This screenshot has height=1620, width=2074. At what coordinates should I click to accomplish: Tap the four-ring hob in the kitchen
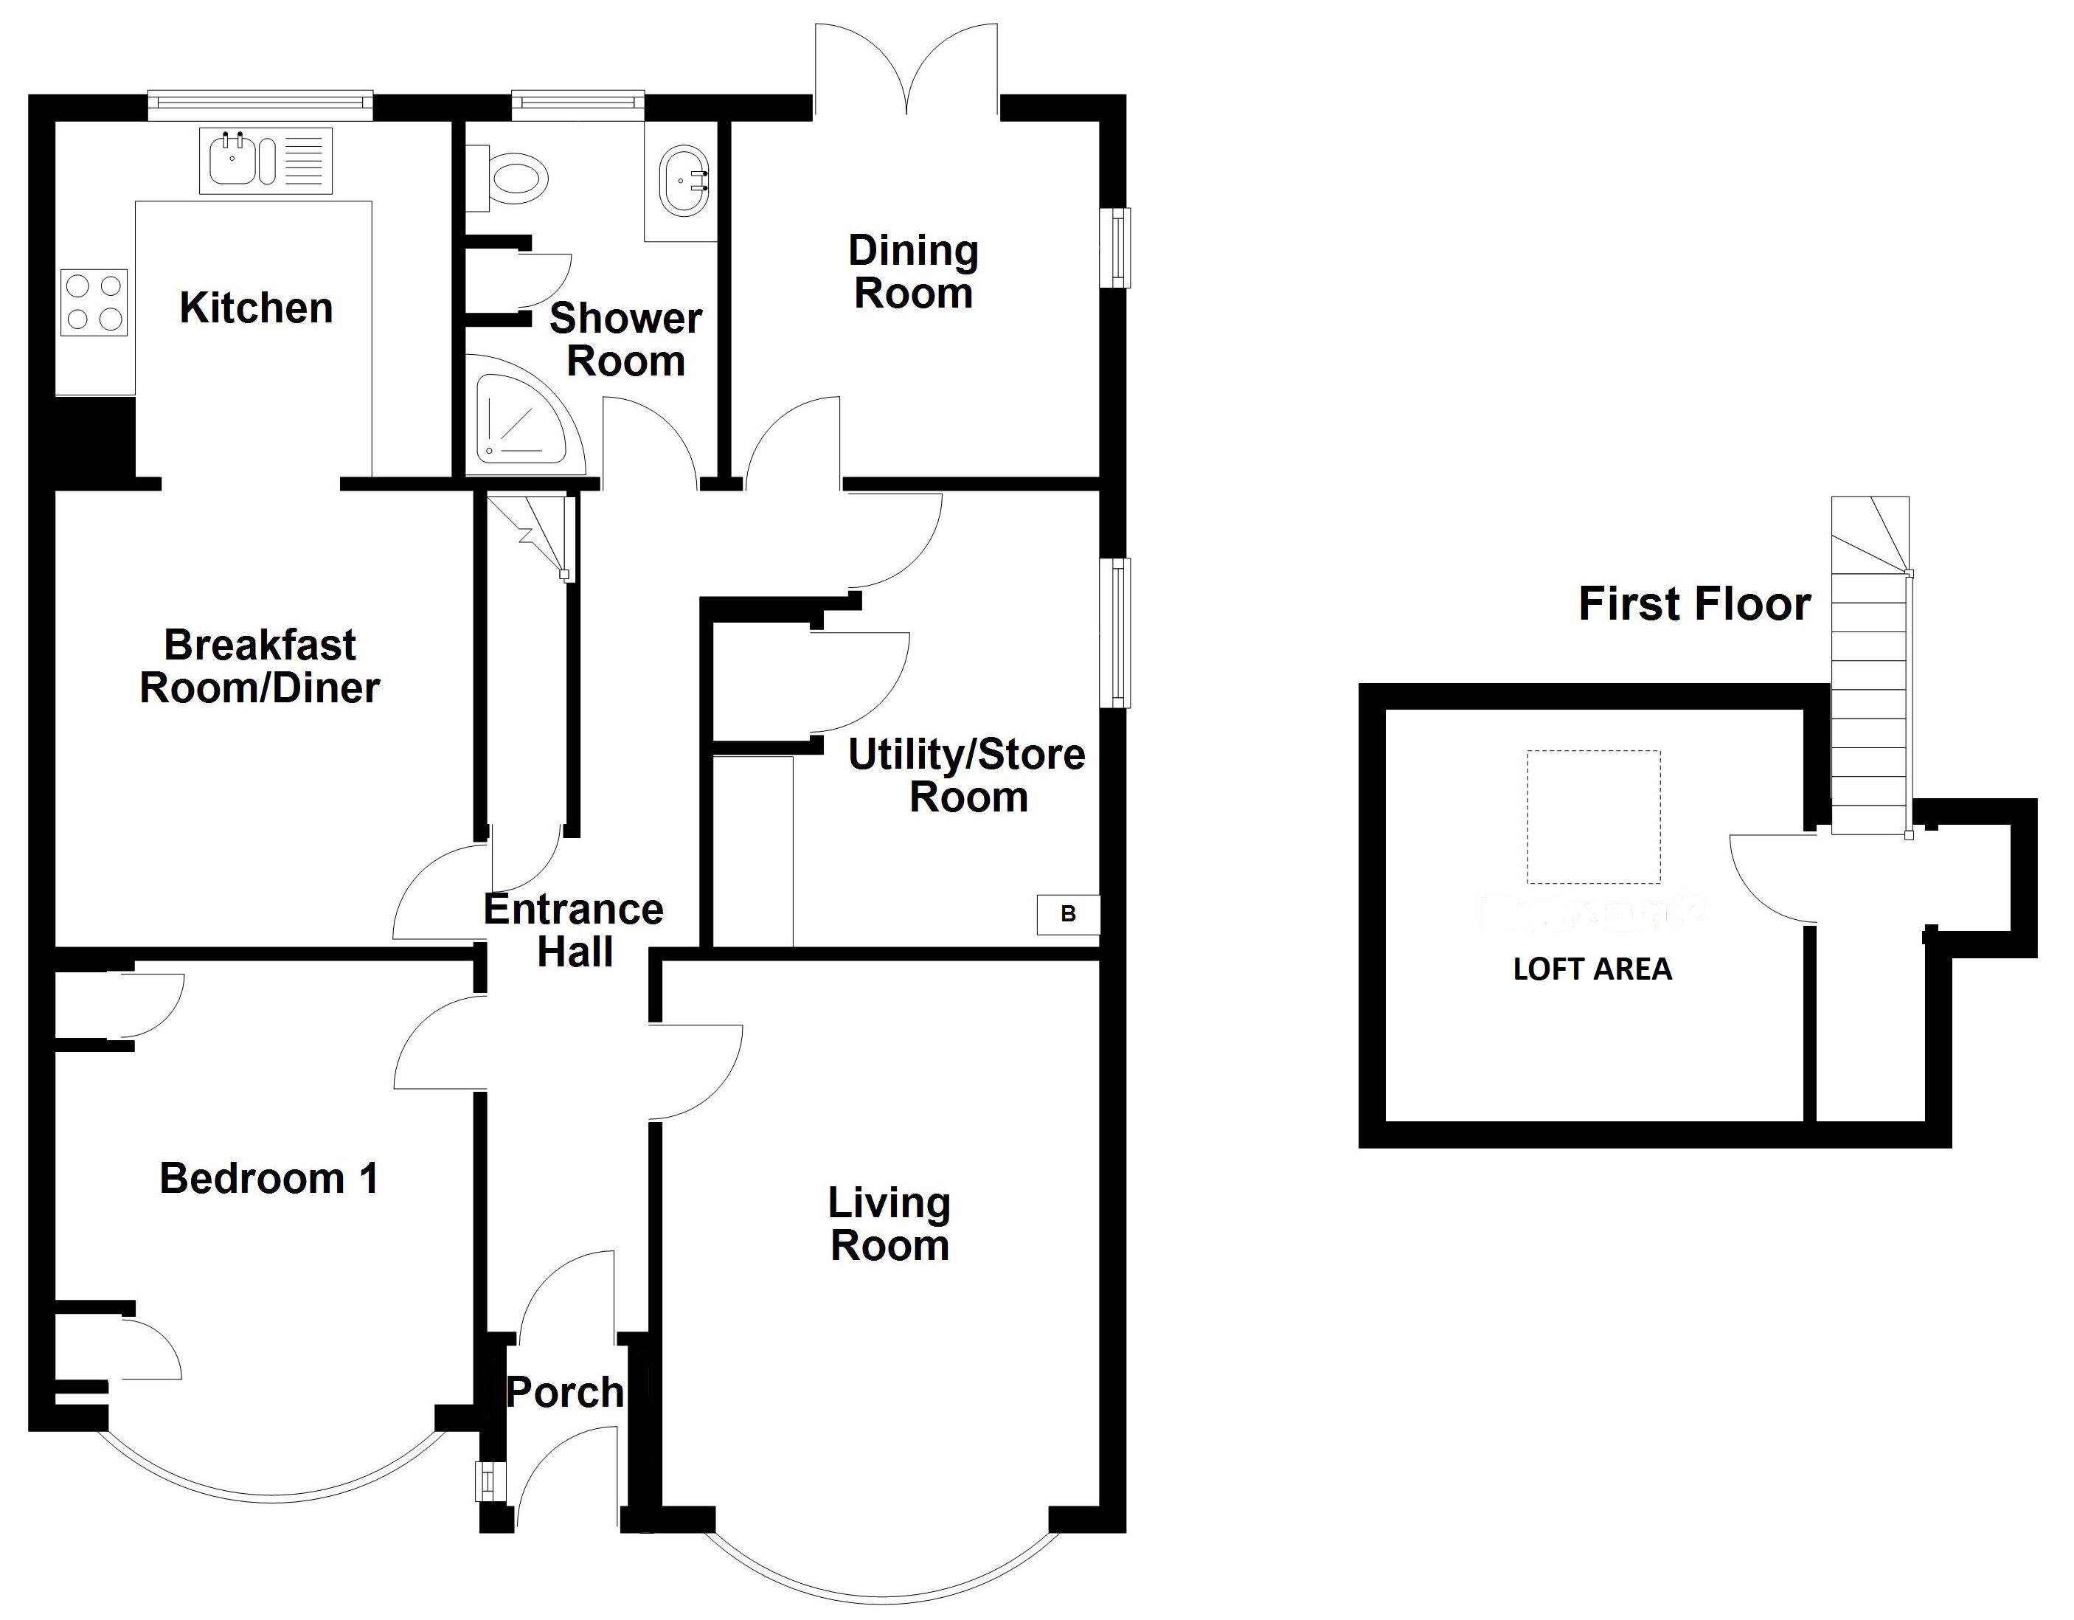(x=94, y=303)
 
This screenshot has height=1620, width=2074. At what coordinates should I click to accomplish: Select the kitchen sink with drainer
(x=265, y=161)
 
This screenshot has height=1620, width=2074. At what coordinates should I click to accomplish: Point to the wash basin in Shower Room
(x=684, y=179)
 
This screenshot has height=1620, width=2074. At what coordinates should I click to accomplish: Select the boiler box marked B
(x=1067, y=915)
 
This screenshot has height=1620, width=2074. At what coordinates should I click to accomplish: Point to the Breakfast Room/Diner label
(x=260, y=667)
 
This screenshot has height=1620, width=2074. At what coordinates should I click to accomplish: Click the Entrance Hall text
(x=574, y=930)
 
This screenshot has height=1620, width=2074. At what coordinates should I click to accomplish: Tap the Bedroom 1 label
(x=268, y=1178)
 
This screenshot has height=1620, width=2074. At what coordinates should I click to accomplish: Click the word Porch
(x=565, y=1393)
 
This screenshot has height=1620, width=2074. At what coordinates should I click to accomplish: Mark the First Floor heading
(x=1694, y=604)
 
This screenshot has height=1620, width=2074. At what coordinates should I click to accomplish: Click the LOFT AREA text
(x=1592, y=969)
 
